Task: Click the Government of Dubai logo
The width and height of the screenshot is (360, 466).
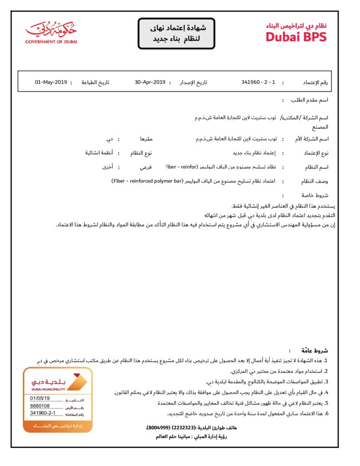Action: click(x=51, y=32)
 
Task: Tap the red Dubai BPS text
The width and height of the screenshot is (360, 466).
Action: click(x=296, y=37)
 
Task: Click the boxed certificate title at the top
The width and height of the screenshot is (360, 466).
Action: click(x=176, y=34)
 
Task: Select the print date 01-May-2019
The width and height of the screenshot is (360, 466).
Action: click(x=51, y=82)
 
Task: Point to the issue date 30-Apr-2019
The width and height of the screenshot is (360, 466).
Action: click(x=150, y=82)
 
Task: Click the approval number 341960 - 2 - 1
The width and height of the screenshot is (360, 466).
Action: click(x=259, y=82)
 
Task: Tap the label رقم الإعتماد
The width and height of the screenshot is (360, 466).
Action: click(x=315, y=83)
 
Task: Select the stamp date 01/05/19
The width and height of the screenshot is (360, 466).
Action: click(x=40, y=398)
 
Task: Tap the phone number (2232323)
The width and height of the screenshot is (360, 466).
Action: click(x=184, y=428)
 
